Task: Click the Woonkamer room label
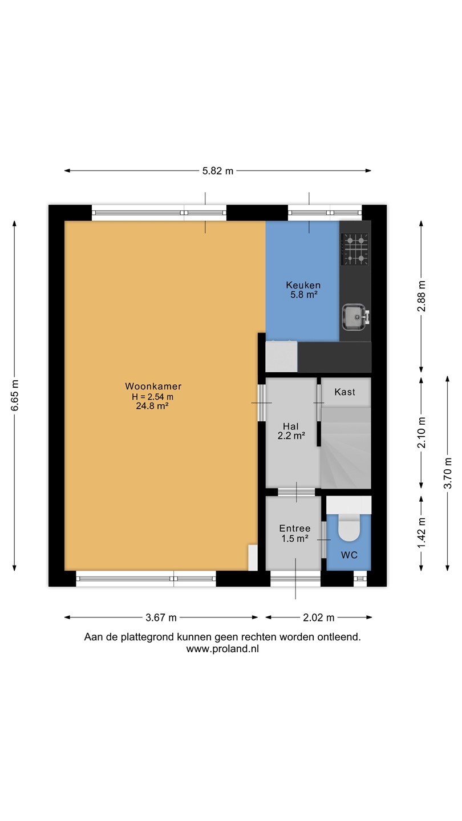153,386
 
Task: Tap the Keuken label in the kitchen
303,285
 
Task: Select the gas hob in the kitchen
355,249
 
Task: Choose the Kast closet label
345,392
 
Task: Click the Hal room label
291,426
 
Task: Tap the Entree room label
295,528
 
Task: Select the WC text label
349,555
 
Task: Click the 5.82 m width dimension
218,171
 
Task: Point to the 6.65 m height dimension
15,396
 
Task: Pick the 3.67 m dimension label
161,617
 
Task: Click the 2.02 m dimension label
319,617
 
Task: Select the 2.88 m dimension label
422,296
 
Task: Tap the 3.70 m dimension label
448,473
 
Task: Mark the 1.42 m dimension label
422,533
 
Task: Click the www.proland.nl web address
222,649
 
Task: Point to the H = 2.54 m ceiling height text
152,397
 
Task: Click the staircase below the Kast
346,448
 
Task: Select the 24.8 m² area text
152,406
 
